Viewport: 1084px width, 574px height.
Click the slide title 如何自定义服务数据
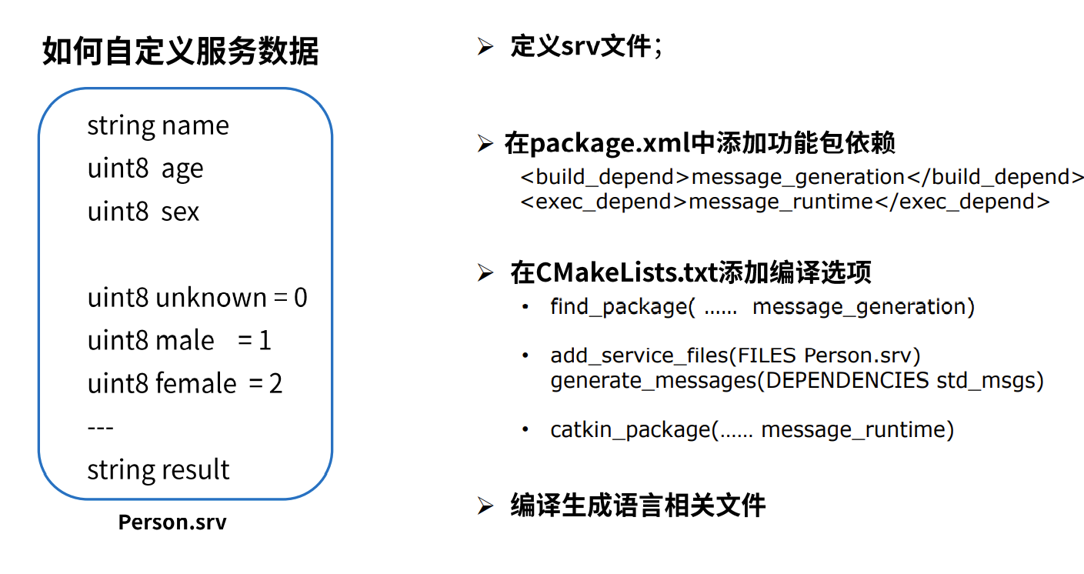[180, 52]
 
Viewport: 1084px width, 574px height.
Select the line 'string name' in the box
[158, 125]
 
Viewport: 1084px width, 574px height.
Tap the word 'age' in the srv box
[182, 169]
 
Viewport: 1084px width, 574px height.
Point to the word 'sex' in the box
[180, 212]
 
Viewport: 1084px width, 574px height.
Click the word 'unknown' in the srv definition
[211, 298]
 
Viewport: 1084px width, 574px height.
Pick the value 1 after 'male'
[265, 341]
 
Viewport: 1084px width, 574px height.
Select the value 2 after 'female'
[275, 383]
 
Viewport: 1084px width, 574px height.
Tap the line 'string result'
[158, 469]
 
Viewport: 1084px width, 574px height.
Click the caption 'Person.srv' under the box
[172, 522]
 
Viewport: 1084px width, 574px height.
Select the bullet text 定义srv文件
[581, 46]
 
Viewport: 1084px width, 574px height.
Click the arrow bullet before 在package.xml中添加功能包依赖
[485, 144]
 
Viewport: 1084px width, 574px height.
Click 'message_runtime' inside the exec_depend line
[781, 202]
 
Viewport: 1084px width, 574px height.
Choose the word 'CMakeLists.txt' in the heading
[626, 272]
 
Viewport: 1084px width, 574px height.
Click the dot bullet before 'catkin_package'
[525, 429]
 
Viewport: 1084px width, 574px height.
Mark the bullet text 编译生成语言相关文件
[638, 506]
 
